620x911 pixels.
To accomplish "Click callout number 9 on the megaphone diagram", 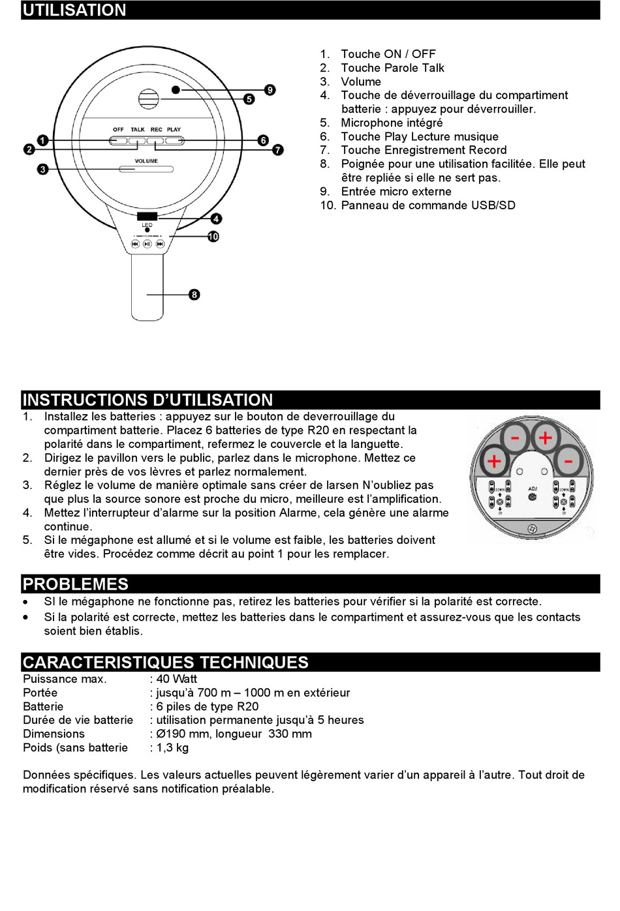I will point(270,90).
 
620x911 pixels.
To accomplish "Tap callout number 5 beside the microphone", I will point(249,99).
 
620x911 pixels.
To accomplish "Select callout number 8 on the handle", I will point(194,295).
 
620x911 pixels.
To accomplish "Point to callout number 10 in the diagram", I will point(213,237).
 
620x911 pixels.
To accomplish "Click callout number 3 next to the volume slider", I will point(43,170).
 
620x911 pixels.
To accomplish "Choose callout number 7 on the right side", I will point(279,150).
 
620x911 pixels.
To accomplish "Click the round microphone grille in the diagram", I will point(149,100).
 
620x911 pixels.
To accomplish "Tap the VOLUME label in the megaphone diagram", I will point(146,161).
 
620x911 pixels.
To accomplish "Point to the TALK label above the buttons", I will point(138,130).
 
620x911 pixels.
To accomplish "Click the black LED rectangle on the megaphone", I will point(147,217).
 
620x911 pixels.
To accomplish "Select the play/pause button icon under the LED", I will point(147,244).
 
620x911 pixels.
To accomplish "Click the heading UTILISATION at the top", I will point(74,10).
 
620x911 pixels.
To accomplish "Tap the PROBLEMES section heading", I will point(76,584).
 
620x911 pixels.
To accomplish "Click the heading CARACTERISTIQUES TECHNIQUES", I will point(165,663).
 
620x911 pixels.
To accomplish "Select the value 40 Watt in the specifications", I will point(176,679).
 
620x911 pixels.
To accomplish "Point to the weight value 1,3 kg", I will point(172,747).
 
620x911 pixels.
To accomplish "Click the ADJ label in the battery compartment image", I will point(533,488).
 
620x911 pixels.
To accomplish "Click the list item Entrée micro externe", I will point(396,192).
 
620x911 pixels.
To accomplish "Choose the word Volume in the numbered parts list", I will point(361,82).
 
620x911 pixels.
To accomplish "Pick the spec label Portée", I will point(40,693).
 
